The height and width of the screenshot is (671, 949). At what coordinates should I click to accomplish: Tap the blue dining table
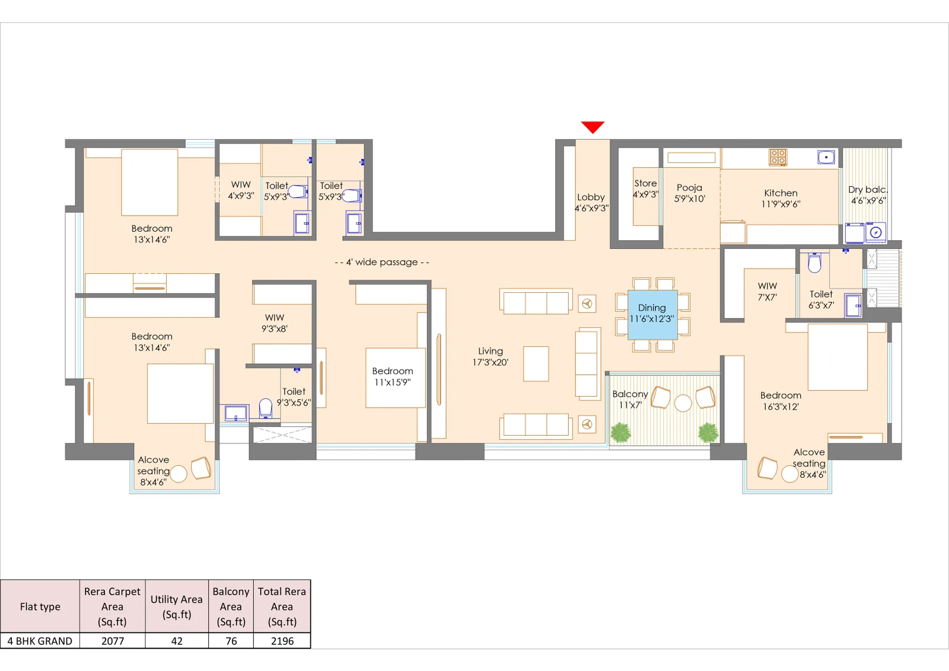[x=652, y=315]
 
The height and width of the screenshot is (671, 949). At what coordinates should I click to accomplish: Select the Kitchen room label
[x=781, y=198]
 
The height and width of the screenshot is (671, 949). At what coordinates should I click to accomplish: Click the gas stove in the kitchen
[x=778, y=157]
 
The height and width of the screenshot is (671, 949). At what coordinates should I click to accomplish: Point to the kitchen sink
[x=826, y=157]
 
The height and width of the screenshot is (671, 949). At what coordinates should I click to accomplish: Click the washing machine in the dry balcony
[x=875, y=232]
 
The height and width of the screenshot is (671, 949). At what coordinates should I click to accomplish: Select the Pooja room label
[x=689, y=193]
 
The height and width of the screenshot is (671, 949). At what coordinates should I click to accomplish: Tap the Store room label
[x=645, y=188]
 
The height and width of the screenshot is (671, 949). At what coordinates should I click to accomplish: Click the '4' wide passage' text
[x=382, y=262]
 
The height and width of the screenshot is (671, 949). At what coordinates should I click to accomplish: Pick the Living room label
[x=490, y=356]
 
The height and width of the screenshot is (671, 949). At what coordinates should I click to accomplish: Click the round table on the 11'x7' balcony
[x=683, y=403]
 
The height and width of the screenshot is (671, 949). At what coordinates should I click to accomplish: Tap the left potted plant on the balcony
[x=620, y=432]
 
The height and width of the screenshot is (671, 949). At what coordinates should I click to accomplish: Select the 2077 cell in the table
[x=113, y=641]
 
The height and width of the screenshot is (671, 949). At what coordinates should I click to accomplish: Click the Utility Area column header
[x=176, y=606]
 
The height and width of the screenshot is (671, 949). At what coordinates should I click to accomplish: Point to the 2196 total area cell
[x=282, y=641]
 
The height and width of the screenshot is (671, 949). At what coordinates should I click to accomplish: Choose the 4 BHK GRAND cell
[x=40, y=641]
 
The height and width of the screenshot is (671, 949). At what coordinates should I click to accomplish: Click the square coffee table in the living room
[x=536, y=363]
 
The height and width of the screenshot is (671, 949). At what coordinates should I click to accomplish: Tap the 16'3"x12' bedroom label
[x=781, y=401]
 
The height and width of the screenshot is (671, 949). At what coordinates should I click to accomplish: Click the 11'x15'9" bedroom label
[x=392, y=376]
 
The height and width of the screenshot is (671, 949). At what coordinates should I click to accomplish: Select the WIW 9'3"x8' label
[x=274, y=323]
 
